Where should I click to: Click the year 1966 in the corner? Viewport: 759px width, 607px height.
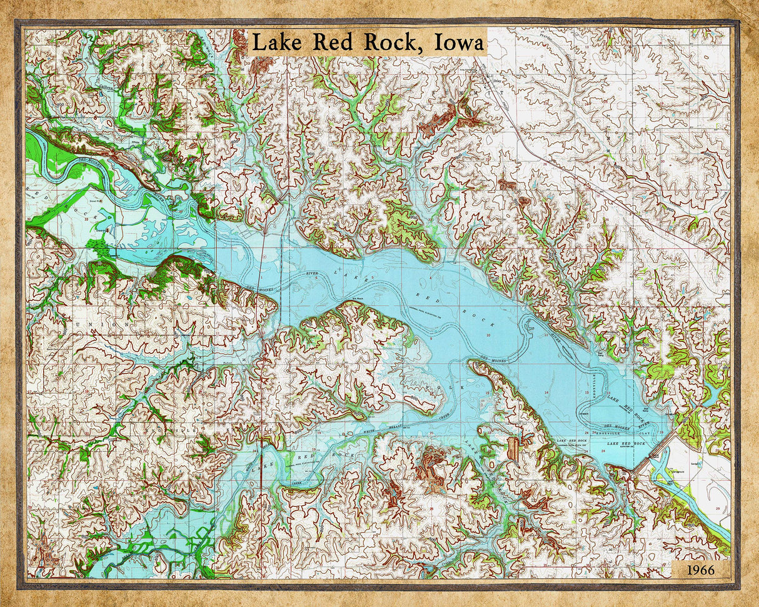[700, 569]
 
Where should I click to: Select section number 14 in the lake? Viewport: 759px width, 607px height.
[546, 392]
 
